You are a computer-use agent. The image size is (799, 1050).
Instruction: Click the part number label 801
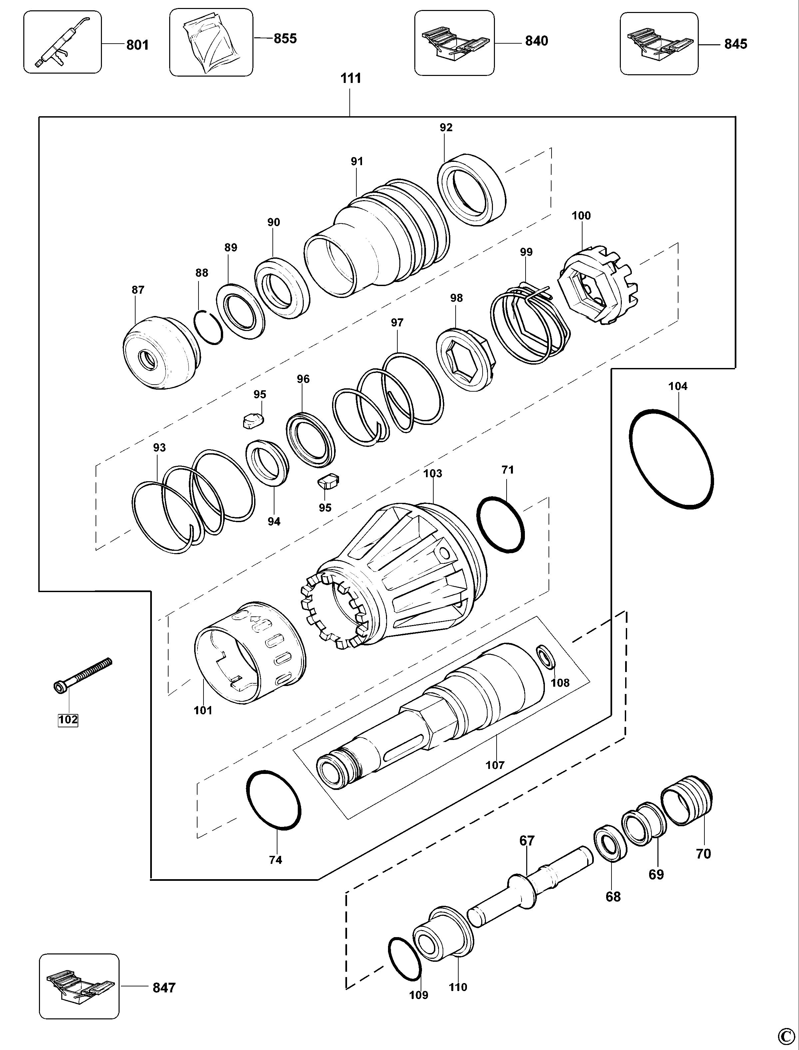click(x=138, y=45)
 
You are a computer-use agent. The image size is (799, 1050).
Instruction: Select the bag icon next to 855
click(x=211, y=42)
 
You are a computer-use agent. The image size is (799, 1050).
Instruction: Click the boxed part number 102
click(x=68, y=720)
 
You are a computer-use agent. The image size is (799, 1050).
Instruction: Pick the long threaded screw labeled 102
click(x=82, y=675)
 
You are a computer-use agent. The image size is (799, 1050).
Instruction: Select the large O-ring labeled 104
click(x=671, y=459)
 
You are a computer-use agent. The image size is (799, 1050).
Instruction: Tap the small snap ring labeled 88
click(x=208, y=327)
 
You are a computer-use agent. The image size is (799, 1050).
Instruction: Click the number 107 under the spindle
click(x=495, y=765)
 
